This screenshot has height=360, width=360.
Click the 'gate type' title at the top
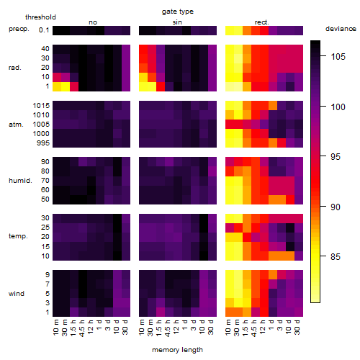coord(178,12)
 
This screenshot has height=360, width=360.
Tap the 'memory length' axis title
coord(177,350)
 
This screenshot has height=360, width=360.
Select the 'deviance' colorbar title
coord(341,29)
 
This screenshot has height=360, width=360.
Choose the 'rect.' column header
coord(262,22)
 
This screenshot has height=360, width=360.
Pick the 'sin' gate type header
coord(177,22)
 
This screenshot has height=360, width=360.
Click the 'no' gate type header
coord(93,22)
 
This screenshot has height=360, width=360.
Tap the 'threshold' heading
coord(40,17)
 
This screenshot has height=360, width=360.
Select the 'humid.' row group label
coord(20,181)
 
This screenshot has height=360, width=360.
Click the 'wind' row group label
coord(17,294)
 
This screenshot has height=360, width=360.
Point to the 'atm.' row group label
coord(16,125)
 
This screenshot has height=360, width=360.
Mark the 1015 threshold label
coord(41,106)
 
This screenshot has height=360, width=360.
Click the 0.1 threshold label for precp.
coord(44,30)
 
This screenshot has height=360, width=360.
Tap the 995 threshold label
coord(43,143)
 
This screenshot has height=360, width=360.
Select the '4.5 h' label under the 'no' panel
coord(81,328)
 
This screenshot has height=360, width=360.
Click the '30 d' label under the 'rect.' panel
coord(297,327)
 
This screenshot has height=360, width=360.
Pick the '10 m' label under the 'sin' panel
coord(142,328)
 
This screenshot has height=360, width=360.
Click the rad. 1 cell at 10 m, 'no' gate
coord(57,86)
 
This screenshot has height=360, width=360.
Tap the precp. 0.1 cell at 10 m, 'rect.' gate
coord(230,30)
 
